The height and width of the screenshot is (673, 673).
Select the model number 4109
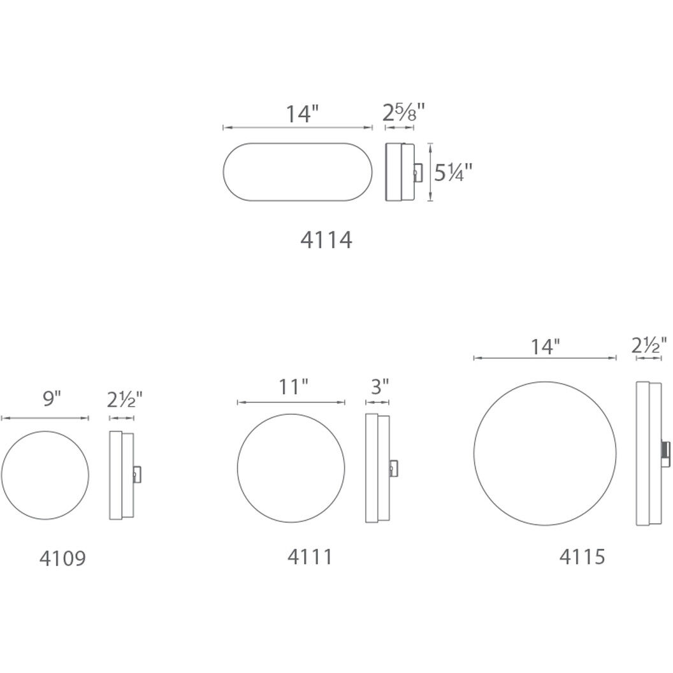(x=62, y=558)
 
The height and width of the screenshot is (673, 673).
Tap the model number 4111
(x=310, y=556)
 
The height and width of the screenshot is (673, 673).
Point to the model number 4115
(x=582, y=556)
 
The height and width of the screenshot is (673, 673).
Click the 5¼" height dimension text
(x=453, y=173)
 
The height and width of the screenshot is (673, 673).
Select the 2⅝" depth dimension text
(x=403, y=113)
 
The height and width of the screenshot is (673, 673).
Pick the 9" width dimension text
(x=52, y=399)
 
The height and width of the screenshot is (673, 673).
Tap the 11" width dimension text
(x=294, y=387)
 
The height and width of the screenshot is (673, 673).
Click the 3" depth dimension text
(x=379, y=387)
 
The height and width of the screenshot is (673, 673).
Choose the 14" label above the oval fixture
(x=303, y=114)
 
